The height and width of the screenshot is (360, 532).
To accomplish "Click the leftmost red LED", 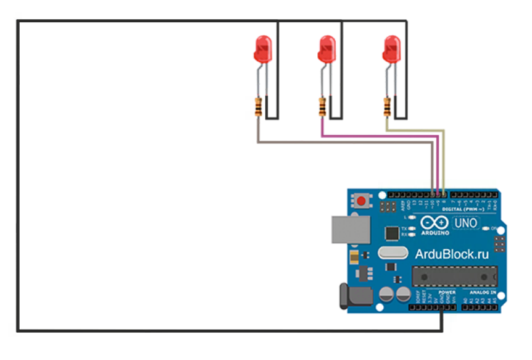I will coord(262,49).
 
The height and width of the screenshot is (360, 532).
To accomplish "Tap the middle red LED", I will coord(326,49).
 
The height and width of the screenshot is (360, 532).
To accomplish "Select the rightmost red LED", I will coord(390,49).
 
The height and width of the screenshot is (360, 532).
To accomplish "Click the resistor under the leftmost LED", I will coord(257,107).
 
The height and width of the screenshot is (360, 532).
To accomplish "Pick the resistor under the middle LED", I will coord(322,107).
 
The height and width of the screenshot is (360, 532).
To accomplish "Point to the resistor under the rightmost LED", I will coord(386,107).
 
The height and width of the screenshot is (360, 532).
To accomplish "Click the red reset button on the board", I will coord(360,201).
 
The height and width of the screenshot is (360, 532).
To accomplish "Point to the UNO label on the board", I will coord(466,222).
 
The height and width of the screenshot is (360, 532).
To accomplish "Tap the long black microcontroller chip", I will coord(454,276).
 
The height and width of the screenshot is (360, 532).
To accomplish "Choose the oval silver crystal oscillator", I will coord(393,253).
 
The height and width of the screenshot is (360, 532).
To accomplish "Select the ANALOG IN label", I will coord(481,292).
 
